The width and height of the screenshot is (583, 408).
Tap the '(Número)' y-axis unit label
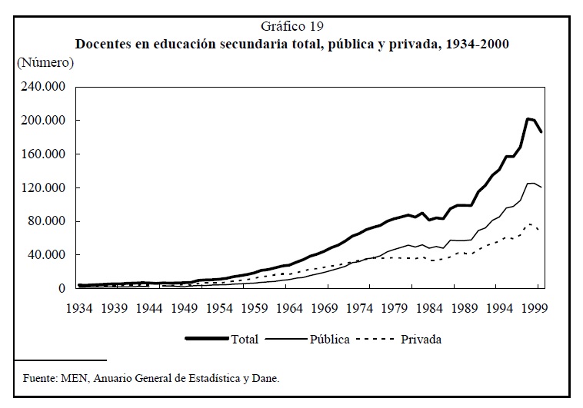point(45,62)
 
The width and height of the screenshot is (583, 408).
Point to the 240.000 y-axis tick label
point(45,87)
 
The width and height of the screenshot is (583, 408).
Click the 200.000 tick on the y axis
point(45,121)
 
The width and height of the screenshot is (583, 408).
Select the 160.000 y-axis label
point(45,154)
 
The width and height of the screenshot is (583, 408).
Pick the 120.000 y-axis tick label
point(45,188)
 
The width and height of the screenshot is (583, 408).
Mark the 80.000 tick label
point(48,222)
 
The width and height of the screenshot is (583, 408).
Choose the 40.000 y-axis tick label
point(48,255)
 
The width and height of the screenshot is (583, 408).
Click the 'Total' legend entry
point(245,339)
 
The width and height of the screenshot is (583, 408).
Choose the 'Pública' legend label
point(329,339)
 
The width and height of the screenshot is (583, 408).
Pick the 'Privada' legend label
point(421,339)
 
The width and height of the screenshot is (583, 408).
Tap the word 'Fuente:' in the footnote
point(40,377)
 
